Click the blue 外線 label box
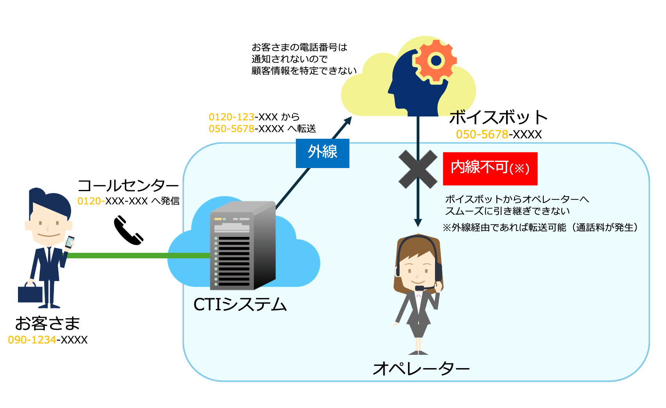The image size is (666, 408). (x=322, y=153)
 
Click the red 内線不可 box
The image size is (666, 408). (x=490, y=168)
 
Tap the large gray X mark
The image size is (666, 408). (x=418, y=169)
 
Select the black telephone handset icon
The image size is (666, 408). (x=128, y=231)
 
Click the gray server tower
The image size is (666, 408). (x=242, y=246)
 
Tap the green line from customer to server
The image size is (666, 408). (x=137, y=256)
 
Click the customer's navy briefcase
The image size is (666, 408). (x=30, y=293)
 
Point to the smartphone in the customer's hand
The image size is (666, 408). (x=70, y=242)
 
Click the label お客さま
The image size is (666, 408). (x=47, y=324)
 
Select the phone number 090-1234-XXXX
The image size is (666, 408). (x=48, y=340)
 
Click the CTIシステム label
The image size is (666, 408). (x=240, y=304)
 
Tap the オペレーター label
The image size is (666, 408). (x=421, y=368)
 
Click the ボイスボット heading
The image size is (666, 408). (x=498, y=117)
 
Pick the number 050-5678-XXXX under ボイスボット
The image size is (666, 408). (x=499, y=134)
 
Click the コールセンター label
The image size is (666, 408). (x=128, y=186)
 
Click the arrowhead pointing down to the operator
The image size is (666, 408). (x=418, y=223)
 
